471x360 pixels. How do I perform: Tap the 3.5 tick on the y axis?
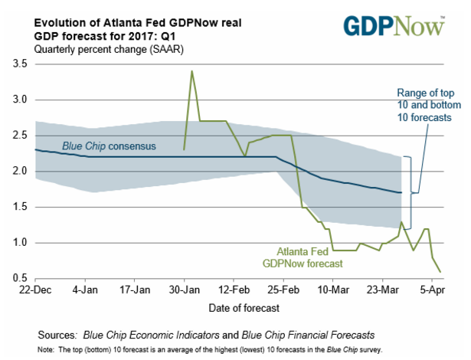pos(17,64)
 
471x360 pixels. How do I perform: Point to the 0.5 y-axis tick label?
pos(17,278)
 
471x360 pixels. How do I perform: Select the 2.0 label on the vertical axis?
pos(17,171)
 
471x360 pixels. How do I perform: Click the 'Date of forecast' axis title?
pos(242,307)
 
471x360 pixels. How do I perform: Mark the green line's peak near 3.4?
pos(191,71)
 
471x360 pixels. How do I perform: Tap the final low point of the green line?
pos(440,272)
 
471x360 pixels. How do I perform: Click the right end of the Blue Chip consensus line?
pos(401,192)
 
